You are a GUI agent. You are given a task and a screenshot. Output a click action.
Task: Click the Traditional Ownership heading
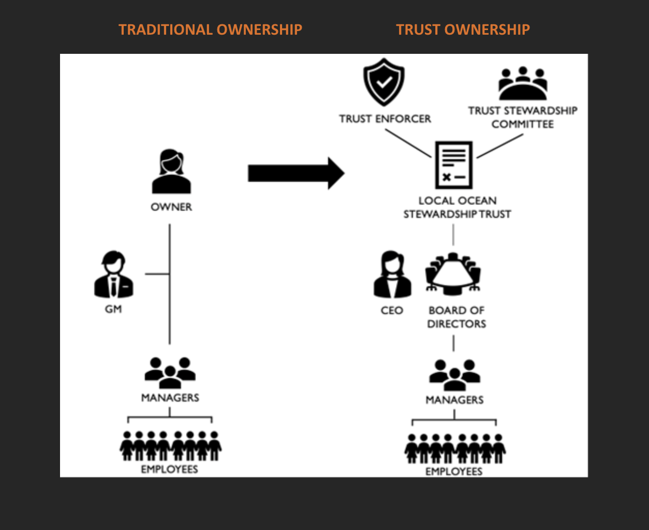210,30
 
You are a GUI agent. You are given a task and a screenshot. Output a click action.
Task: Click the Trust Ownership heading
463,30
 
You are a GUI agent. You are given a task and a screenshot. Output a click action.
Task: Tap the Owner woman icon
171,172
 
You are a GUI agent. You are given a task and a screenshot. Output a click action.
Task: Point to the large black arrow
296,173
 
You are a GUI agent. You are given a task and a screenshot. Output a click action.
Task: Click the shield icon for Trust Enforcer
384,82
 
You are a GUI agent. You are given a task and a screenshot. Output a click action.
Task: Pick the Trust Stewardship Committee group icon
523,83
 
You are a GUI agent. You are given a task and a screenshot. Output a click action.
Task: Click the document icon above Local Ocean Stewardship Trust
453,165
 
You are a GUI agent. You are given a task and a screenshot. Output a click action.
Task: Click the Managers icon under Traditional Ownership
170,372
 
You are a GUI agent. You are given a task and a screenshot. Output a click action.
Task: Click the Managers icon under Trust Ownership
454,375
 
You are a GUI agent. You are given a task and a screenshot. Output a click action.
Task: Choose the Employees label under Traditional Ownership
170,469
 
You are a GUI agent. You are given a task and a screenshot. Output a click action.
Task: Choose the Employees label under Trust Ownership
454,472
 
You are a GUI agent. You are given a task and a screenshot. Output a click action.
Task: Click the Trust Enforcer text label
385,119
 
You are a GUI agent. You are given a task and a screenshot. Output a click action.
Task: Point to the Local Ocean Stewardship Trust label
457,207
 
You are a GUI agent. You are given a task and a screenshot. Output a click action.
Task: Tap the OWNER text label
171,207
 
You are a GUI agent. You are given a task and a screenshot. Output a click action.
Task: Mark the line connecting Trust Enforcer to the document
408,143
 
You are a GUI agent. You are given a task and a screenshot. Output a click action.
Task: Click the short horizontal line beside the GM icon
157,274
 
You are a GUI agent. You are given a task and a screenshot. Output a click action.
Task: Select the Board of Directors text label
456,317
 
